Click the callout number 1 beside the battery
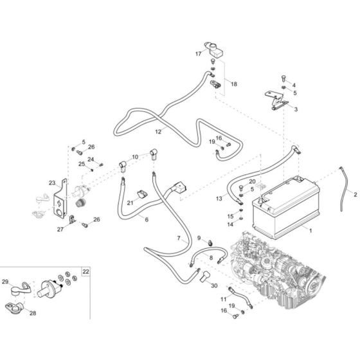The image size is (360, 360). click(x=310, y=230)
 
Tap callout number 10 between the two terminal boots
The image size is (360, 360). click(x=135, y=157)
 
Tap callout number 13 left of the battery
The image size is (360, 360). click(x=219, y=199)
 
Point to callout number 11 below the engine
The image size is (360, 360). click(x=224, y=300)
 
